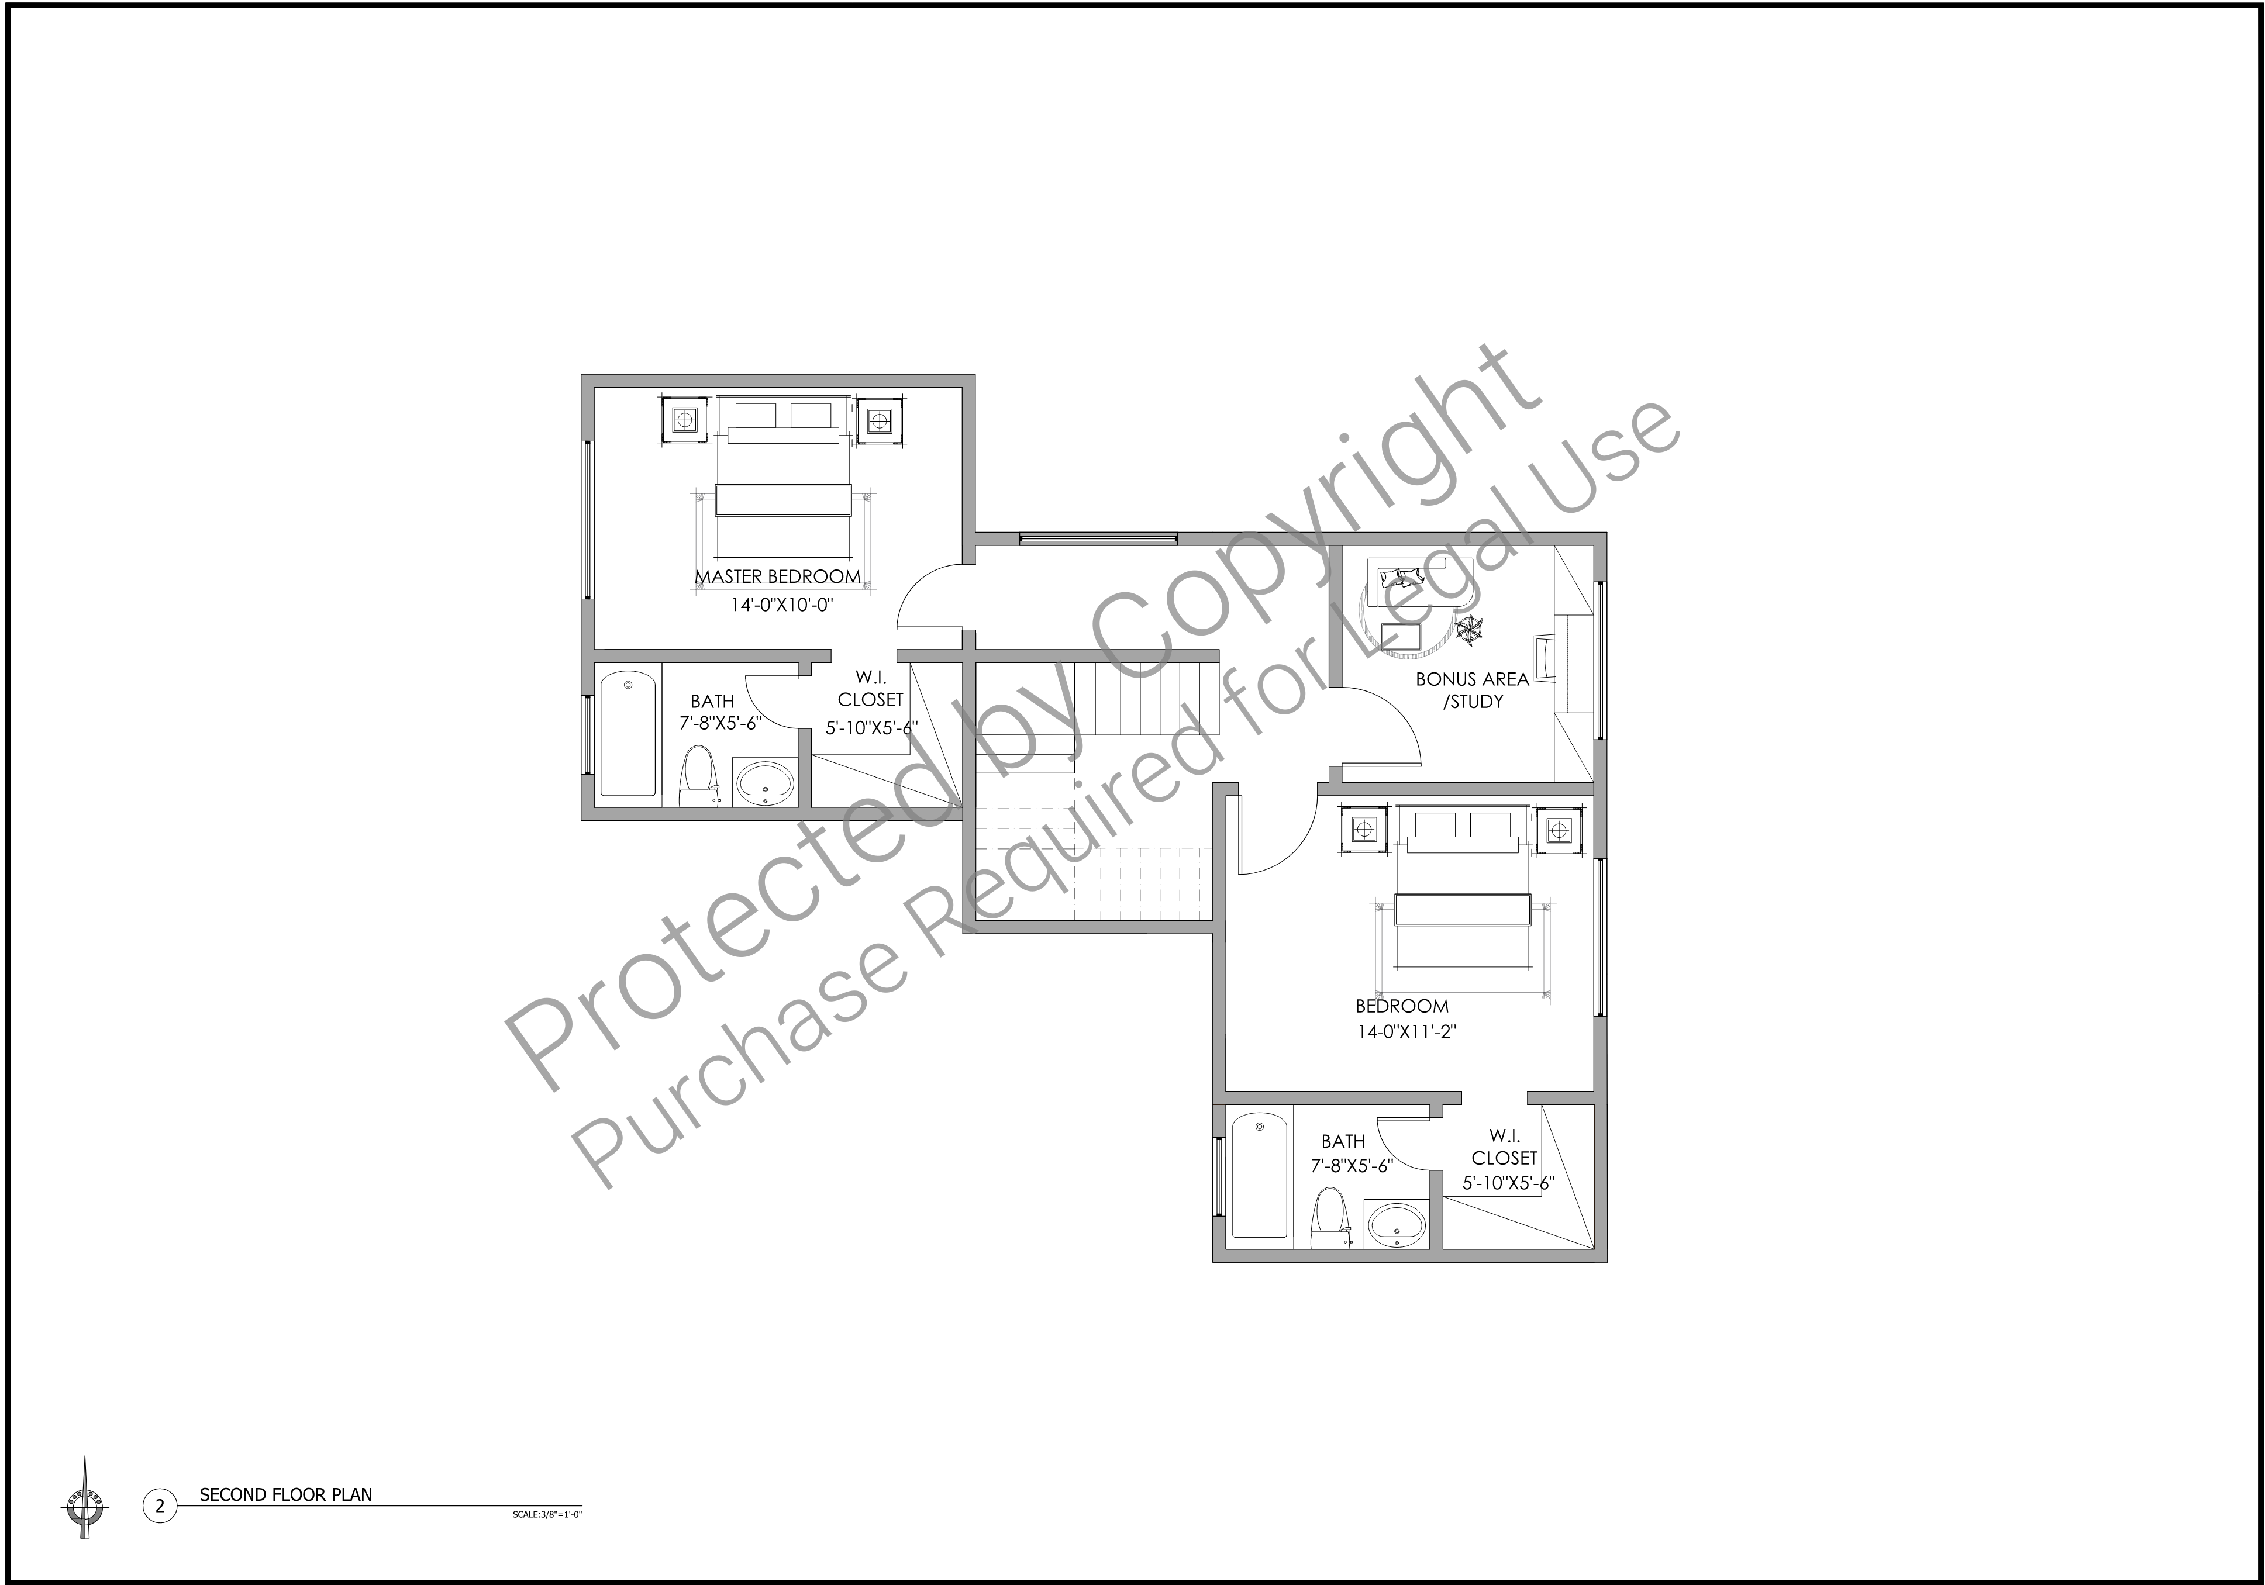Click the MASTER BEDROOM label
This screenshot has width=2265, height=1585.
point(777,576)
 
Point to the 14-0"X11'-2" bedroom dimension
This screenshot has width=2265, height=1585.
point(1406,1033)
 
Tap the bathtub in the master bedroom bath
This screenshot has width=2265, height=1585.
point(629,733)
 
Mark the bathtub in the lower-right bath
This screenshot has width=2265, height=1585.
point(1260,1175)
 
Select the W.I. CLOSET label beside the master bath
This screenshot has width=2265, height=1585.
point(870,689)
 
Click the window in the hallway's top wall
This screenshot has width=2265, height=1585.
point(1098,538)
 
